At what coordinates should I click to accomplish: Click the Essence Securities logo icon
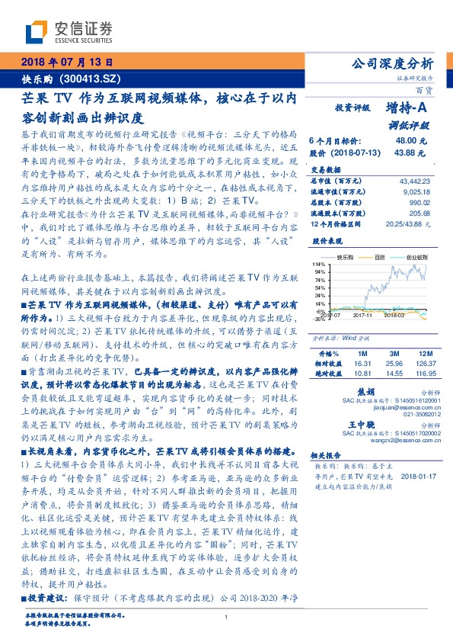(37, 31)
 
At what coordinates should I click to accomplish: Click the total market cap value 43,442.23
(414, 180)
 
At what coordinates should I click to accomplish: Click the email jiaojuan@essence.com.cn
(397, 408)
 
